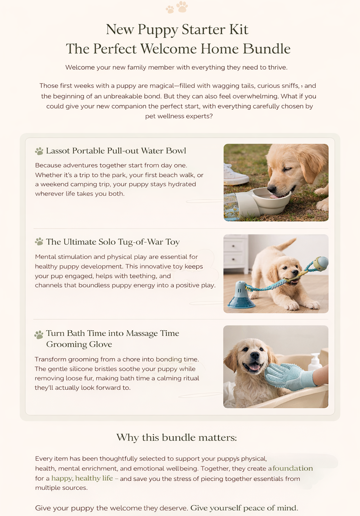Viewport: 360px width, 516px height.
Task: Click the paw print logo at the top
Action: click(177, 7)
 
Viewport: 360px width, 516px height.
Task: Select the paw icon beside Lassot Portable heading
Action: click(39, 151)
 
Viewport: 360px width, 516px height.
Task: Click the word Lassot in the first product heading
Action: click(58, 151)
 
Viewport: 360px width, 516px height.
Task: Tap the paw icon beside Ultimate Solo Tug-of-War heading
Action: click(39, 242)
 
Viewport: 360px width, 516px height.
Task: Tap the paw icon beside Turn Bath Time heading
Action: click(39, 335)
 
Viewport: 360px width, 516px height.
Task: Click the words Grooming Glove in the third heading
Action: click(79, 344)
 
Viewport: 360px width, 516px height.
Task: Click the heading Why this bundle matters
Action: click(176, 438)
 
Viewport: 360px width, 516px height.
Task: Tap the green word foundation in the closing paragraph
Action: click(292, 469)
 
